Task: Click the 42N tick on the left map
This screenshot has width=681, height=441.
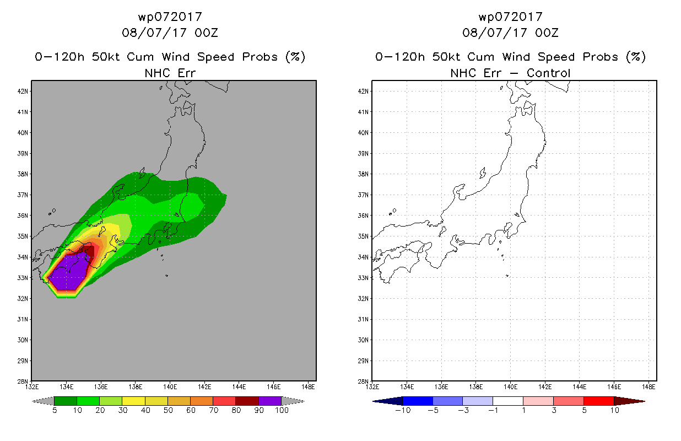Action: tap(23, 92)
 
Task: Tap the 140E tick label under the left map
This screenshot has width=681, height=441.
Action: tap(170, 387)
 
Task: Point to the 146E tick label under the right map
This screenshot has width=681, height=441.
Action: tap(614, 387)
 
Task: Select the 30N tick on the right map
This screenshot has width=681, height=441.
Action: tap(363, 340)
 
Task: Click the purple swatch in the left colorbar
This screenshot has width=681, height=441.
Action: tap(270, 401)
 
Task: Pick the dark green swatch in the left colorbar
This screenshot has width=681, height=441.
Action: tap(66, 401)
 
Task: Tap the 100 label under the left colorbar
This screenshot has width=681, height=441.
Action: tap(282, 410)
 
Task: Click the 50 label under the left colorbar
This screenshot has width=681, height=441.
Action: tap(168, 410)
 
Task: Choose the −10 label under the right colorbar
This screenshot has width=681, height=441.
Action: tap(403, 410)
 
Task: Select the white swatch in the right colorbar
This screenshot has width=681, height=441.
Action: tap(508, 401)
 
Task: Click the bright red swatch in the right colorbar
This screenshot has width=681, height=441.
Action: tap(599, 401)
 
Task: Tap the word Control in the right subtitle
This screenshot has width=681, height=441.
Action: tap(548, 73)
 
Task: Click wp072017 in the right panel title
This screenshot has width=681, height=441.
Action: tap(510, 17)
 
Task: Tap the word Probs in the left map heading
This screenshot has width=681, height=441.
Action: tap(260, 57)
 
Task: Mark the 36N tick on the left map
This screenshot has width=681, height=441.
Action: tap(23, 216)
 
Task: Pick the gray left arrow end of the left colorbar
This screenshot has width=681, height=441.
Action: tap(43, 401)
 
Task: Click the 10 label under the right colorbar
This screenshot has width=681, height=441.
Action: tap(614, 410)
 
